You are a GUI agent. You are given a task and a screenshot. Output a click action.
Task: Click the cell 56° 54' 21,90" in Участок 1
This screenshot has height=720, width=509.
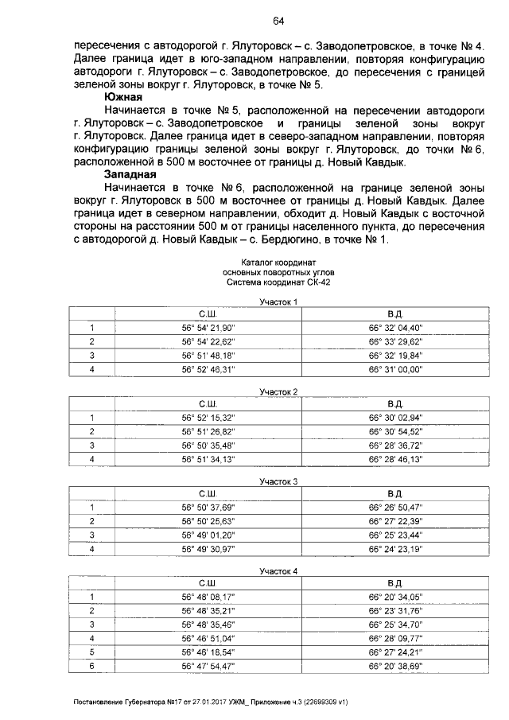(208, 327)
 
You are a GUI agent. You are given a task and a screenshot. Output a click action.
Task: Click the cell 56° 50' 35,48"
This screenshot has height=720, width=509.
(208, 445)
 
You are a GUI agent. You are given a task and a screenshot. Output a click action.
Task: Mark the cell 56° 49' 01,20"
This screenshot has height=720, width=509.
(208, 535)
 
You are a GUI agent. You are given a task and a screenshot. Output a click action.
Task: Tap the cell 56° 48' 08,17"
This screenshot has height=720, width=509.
(208, 597)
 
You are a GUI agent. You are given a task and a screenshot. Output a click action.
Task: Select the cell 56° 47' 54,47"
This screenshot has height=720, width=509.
(208, 666)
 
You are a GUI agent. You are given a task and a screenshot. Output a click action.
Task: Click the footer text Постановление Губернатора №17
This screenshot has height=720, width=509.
(131, 702)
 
